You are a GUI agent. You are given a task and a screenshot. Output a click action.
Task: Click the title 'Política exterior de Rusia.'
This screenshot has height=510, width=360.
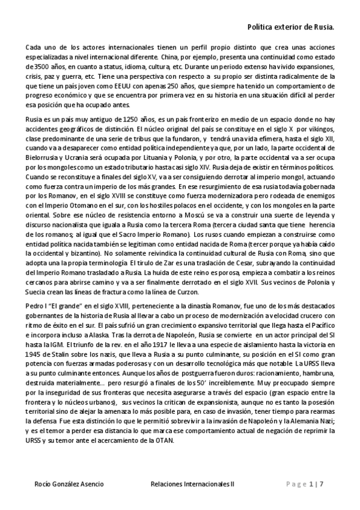coord(291,28)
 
